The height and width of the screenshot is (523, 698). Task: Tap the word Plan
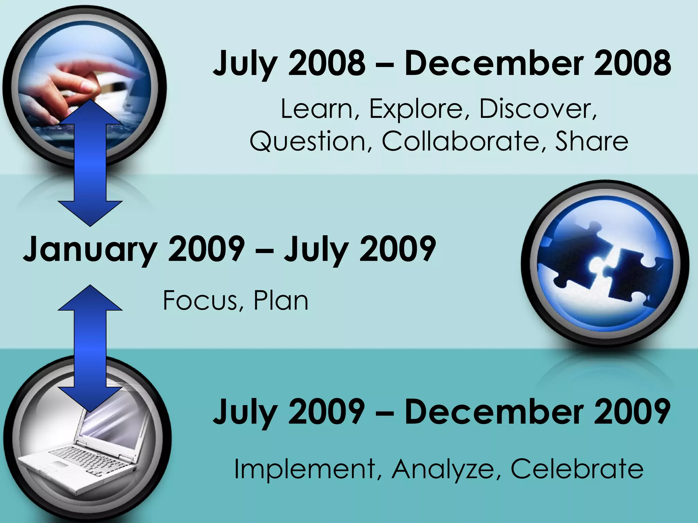281,300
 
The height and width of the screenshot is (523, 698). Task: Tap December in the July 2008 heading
494,63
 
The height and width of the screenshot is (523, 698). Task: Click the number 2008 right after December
633,63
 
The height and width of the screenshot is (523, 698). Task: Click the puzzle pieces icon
605,264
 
